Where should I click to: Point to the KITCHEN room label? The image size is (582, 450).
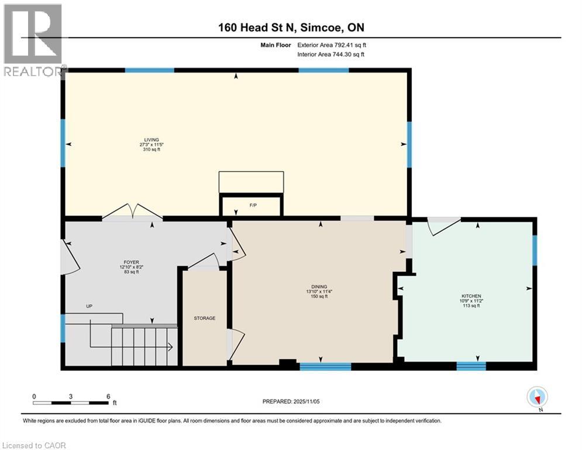[470, 296]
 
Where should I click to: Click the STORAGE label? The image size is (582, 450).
[205, 318]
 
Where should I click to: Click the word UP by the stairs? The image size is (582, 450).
[89, 306]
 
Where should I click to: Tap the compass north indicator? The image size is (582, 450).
[537, 397]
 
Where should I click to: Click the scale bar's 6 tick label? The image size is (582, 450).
[108, 396]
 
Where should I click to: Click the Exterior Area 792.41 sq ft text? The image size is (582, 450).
[332, 45]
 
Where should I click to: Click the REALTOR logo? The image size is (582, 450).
[33, 40]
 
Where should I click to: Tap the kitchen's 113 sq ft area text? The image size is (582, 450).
[470, 306]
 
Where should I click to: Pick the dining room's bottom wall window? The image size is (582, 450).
[325, 367]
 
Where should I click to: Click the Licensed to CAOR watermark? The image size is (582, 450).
[34, 445]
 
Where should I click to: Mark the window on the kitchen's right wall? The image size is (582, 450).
[535, 250]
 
